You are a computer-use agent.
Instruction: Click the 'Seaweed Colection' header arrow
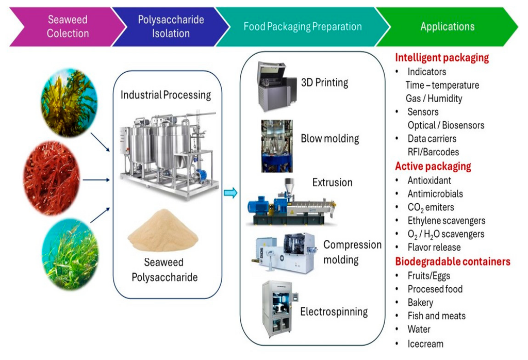pos(62,27)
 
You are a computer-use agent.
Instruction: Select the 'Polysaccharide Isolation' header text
pos(171,27)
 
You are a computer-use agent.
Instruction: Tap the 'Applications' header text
pos(447,27)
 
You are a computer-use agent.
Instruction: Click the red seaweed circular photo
pos(52,179)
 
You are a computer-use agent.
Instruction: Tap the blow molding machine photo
pos(277,146)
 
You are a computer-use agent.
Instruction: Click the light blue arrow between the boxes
pos(230,193)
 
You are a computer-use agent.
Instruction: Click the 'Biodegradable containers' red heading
pos(453,261)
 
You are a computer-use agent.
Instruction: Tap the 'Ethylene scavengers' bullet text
pos(447,221)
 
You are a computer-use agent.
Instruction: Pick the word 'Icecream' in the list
pos(425,343)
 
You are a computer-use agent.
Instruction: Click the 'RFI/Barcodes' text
pos(433,152)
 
